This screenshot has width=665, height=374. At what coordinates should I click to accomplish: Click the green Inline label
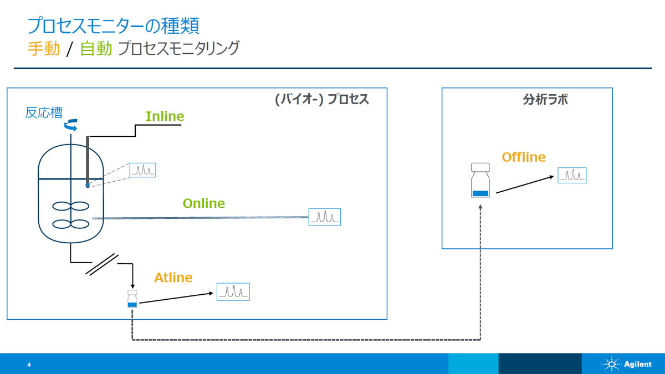click(x=165, y=116)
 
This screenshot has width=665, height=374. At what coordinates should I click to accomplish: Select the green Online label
click(x=204, y=203)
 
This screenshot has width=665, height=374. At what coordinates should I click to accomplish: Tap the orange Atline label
click(x=173, y=278)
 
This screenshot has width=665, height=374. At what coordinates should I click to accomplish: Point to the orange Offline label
click(x=524, y=157)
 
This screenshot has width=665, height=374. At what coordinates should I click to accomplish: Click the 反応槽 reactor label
click(x=44, y=112)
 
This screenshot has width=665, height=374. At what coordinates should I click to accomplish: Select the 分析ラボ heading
click(x=545, y=99)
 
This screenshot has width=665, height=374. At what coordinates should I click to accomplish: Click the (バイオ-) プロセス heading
click(x=322, y=99)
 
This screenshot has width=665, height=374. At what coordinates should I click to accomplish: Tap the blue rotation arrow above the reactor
click(x=71, y=125)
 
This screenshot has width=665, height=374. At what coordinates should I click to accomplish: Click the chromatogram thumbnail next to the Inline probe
click(x=142, y=170)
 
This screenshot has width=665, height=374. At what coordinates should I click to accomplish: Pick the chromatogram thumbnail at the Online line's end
click(x=325, y=217)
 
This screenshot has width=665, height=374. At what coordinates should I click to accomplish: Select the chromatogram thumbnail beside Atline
click(x=233, y=292)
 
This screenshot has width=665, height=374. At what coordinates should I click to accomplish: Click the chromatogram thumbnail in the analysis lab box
click(x=572, y=176)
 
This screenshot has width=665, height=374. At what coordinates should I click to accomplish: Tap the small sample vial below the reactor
click(x=132, y=299)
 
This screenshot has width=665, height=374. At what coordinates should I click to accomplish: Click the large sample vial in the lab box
click(x=480, y=180)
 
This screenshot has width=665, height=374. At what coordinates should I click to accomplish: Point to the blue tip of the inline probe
click(x=88, y=185)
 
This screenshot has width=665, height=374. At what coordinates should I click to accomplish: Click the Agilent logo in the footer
click(x=627, y=364)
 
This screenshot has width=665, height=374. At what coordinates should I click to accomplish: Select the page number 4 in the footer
click(x=29, y=365)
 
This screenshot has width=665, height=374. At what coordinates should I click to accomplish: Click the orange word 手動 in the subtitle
click(x=44, y=48)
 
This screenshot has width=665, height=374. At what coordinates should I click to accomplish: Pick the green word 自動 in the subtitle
click(x=96, y=48)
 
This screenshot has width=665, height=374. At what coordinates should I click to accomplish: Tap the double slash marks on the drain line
click(x=102, y=264)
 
